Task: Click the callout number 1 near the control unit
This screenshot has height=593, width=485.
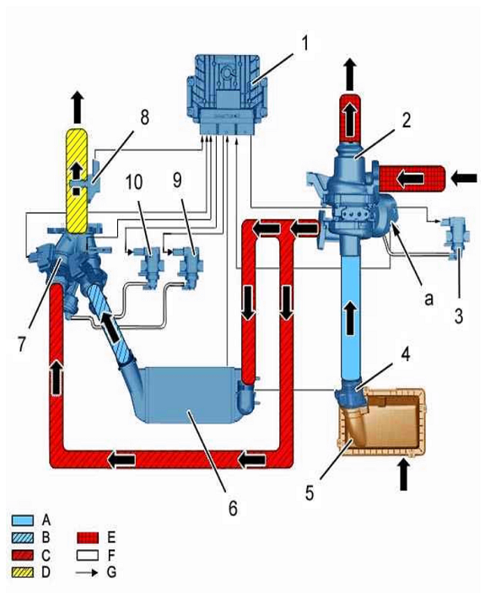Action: click(x=304, y=44)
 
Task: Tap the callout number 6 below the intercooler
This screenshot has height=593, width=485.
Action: click(x=233, y=508)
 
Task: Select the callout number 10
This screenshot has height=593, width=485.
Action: click(x=134, y=181)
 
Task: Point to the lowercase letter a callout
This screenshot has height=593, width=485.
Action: click(x=428, y=299)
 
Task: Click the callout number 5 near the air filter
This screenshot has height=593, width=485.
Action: click(x=310, y=493)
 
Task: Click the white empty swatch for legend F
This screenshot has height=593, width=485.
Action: click(x=88, y=555)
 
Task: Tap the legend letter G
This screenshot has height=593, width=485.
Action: click(x=111, y=572)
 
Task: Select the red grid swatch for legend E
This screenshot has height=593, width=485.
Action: click(x=88, y=538)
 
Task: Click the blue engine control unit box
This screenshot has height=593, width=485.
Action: click(x=227, y=94)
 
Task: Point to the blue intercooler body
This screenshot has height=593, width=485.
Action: click(x=189, y=395)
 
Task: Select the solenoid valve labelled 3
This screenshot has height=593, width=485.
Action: click(x=456, y=238)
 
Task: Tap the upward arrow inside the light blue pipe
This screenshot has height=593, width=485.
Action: click(x=350, y=317)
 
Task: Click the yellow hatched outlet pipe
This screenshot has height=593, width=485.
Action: click(x=77, y=181)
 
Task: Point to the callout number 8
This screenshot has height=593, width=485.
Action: click(x=145, y=117)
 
